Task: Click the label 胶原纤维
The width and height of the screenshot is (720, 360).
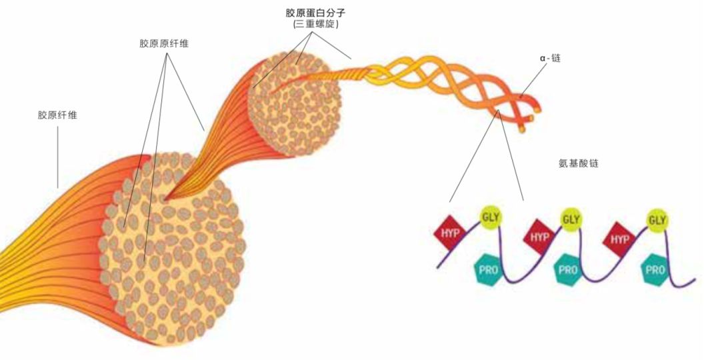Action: [57, 115]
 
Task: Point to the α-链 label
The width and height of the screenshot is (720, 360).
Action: [551, 59]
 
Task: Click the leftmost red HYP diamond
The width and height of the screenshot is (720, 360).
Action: [450, 232]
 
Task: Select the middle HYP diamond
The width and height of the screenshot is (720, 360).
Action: [538, 237]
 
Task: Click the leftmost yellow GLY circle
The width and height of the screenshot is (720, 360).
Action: [490, 216]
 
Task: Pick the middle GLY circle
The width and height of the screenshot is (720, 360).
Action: [571, 218]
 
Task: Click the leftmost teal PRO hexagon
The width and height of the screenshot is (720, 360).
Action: [487, 270]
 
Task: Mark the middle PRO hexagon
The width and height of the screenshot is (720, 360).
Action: [567, 271]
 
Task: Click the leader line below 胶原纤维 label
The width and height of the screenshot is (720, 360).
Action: [57, 157]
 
